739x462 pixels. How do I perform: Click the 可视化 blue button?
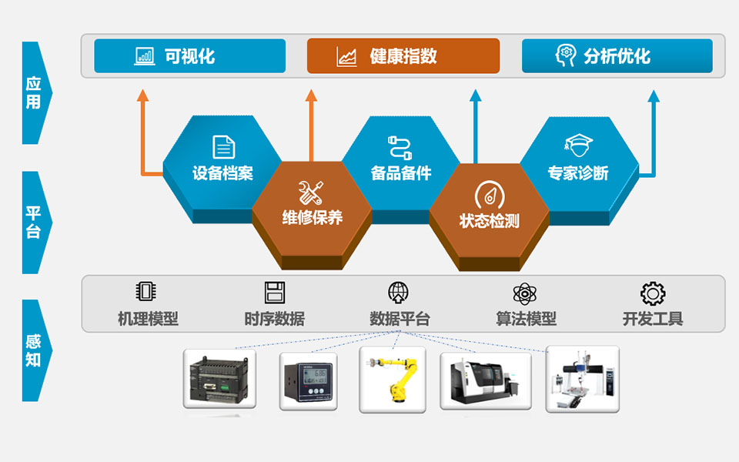coord(189,56)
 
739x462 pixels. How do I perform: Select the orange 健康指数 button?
coord(403,56)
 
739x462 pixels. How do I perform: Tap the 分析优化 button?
coord(617,56)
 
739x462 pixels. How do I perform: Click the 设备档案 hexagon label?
coord(222,173)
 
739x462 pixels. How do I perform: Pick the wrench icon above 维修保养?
coord(312,192)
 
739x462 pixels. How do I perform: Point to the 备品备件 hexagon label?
coord(401,173)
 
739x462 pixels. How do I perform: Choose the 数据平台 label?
coord(400,318)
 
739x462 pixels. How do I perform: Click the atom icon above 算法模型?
coord(525,293)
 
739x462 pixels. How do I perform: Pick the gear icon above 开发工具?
coord(653,293)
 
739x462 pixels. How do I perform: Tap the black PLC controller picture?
coord(219,379)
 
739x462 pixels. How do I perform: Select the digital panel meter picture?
coord(308,380)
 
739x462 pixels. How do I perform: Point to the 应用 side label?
coord(33,92)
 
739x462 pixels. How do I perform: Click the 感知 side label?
coord(33,350)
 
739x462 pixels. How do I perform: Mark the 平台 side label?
coord(33,222)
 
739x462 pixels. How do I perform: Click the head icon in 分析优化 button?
coord(566,55)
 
